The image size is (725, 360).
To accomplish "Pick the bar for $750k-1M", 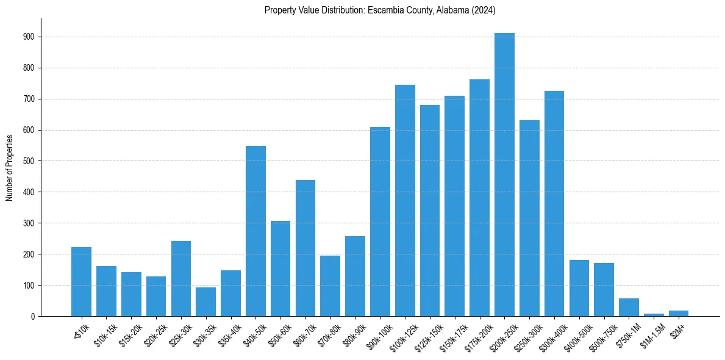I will (x=629, y=307).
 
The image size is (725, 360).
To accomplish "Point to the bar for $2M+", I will (x=679, y=313).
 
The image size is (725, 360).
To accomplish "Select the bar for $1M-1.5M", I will (x=654, y=314).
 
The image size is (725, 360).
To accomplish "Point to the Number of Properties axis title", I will (x=10, y=167).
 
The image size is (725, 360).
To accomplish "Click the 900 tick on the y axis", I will (x=29, y=37).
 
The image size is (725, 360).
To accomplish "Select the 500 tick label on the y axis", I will (x=29, y=161).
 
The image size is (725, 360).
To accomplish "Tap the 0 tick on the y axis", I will (x=33, y=316).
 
